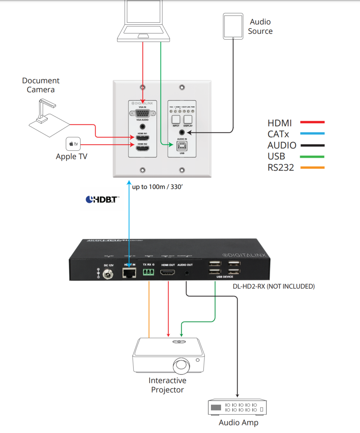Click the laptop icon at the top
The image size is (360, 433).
coord(143,21)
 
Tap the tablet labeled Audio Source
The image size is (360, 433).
coord(233,26)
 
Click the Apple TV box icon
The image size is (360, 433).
coord(73,144)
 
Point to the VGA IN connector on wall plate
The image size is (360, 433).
coord(142,113)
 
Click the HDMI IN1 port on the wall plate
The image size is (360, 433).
coord(142,138)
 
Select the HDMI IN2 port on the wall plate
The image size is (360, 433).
coord(142,148)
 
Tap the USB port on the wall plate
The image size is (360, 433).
coord(182,146)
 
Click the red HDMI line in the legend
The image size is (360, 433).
coord(312,122)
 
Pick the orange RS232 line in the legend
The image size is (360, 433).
coord(312,167)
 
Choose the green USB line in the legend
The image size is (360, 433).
coord(312,156)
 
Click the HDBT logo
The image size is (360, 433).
coord(102,199)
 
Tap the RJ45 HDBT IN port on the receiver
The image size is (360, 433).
coord(129,273)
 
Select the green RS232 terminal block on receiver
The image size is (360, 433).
coord(148,272)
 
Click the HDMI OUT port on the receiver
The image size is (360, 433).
coord(167,272)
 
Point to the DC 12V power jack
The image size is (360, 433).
coord(108,274)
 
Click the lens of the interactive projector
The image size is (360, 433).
coord(181,366)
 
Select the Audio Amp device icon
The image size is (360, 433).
coord(237,407)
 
